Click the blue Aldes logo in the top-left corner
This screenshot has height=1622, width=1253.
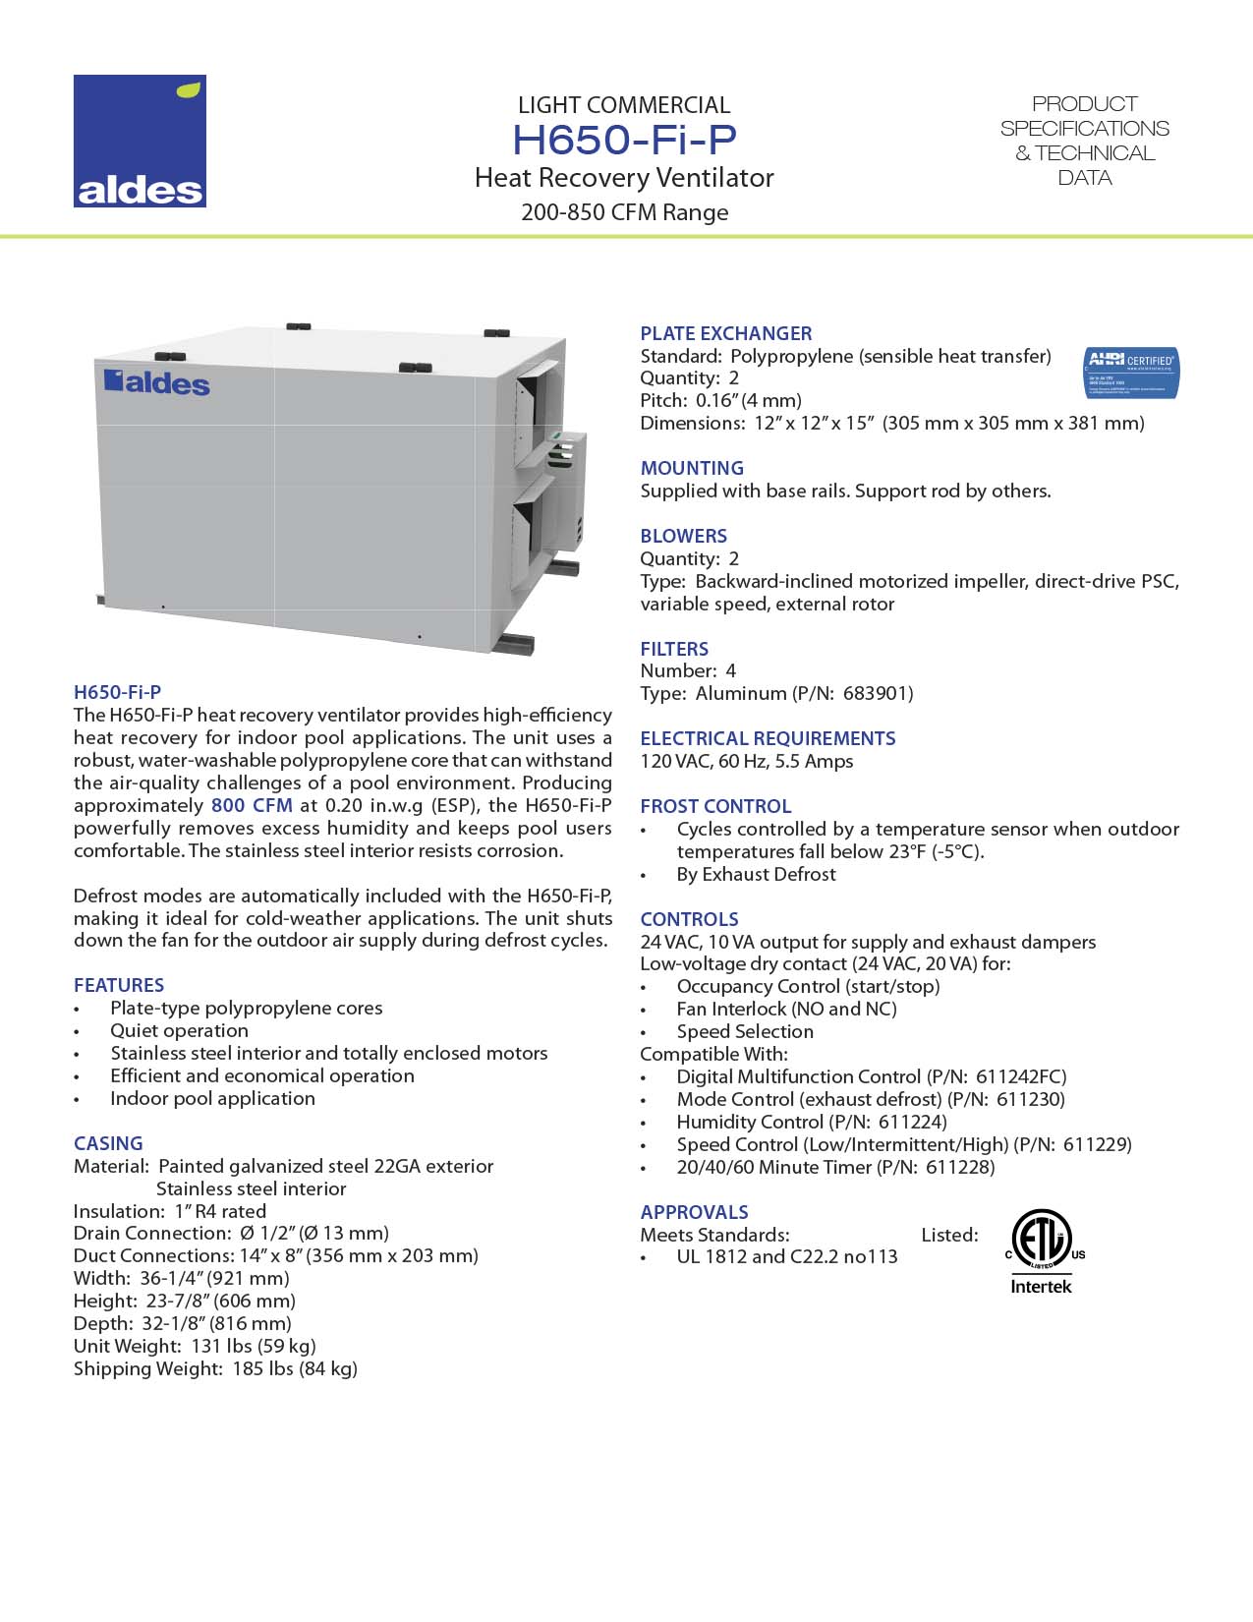(140, 141)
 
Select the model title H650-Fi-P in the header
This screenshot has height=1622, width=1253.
(624, 140)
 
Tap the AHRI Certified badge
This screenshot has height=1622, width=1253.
(1130, 373)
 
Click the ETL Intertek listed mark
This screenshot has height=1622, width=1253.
(1041, 1250)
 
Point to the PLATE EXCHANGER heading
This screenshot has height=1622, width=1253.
(725, 333)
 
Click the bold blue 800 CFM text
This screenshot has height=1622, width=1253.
(252, 805)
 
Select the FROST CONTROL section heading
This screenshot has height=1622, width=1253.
(714, 806)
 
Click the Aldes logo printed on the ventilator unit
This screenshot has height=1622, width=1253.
(157, 381)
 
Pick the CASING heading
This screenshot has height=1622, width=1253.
(108, 1143)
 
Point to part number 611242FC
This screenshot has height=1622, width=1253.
(1021, 1076)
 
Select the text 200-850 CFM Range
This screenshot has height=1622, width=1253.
(624, 212)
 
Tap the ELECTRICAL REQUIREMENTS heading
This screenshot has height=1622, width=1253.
(768, 738)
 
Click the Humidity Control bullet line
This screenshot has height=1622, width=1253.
(811, 1122)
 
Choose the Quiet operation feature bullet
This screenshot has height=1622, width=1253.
(179, 1030)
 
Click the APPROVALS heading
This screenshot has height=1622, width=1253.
(694, 1212)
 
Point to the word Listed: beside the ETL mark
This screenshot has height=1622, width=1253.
(949, 1235)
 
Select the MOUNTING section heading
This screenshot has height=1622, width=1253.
(692, 468)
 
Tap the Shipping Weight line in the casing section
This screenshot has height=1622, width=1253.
(215, 1368)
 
